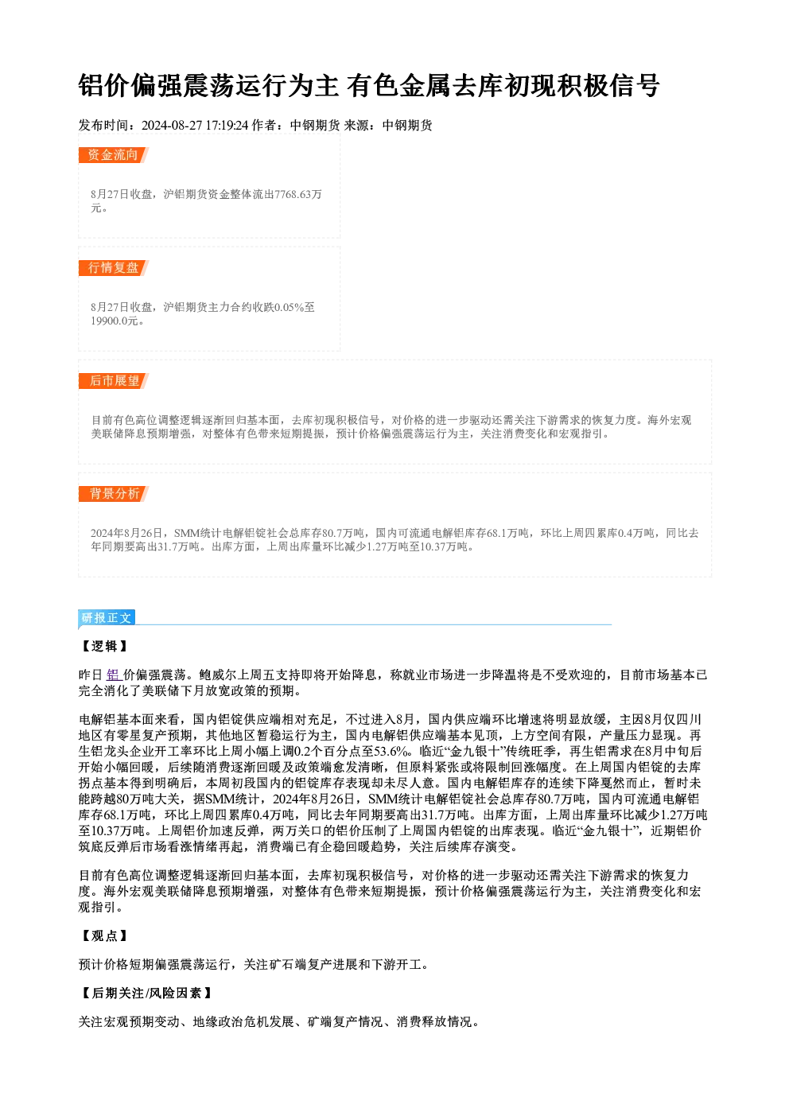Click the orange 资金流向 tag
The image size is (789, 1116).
tap(113, 155)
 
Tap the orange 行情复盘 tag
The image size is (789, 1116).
tap(113, 268)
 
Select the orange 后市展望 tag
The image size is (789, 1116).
tap(113, 381)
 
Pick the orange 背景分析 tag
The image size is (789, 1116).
tap(113, 494)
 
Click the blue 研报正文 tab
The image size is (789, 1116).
tap(107, 618)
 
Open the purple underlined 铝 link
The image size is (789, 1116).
tap(114, 675)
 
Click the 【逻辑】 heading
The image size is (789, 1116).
tap(104, 646)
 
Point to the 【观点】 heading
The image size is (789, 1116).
tap(104, 935)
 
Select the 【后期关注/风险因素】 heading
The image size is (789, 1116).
tap(146, 994)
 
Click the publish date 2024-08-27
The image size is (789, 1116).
tap(172, 126)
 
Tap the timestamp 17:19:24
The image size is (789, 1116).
tap(227, 126)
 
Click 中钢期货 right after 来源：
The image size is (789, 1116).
tap(407, 126)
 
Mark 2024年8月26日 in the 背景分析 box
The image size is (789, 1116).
tap(126, 533)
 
